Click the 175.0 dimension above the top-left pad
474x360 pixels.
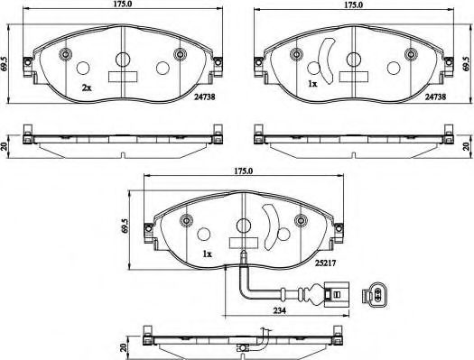(123, 5)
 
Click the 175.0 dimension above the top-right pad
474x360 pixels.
(354, 5)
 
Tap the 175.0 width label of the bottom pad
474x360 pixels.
(244, 171)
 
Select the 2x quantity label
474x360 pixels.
(87, 88)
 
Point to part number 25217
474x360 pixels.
(326, 263)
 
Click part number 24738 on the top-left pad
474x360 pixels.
(205, 97)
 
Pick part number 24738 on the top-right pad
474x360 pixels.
(435, 97)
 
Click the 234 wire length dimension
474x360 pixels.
(279, 310)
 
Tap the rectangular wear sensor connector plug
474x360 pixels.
(337, 294)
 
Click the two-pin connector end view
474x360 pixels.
(375, 295)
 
